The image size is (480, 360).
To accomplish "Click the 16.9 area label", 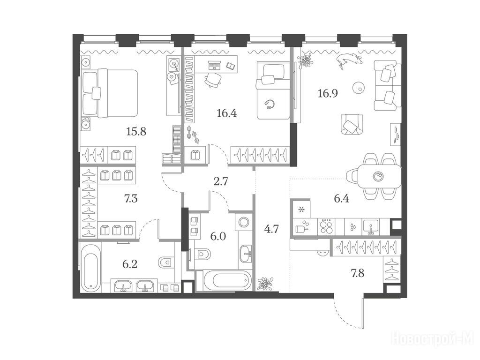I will tap(328, 92).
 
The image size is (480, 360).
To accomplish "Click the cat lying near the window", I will tap(348, 59).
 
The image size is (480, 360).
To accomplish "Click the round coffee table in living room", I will tap(359, 87).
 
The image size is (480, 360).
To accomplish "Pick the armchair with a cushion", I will tap(352, 124).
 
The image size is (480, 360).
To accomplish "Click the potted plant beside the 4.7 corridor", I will tap(265, 283).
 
